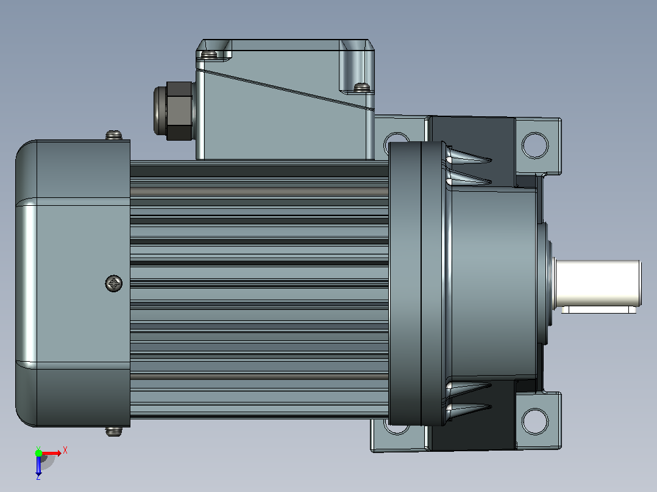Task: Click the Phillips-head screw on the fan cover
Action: coord(113,284)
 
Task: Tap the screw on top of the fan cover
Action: coord(113,135)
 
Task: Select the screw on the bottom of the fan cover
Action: coord(113,431)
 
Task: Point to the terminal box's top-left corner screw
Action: coord(208,54)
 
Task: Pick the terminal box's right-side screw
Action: coord(362,87)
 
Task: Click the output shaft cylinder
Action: coord(598,283)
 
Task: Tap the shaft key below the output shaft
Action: coord(598,310)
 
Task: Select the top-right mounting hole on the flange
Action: coord(535,146)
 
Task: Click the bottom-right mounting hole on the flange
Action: coord(535,421)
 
